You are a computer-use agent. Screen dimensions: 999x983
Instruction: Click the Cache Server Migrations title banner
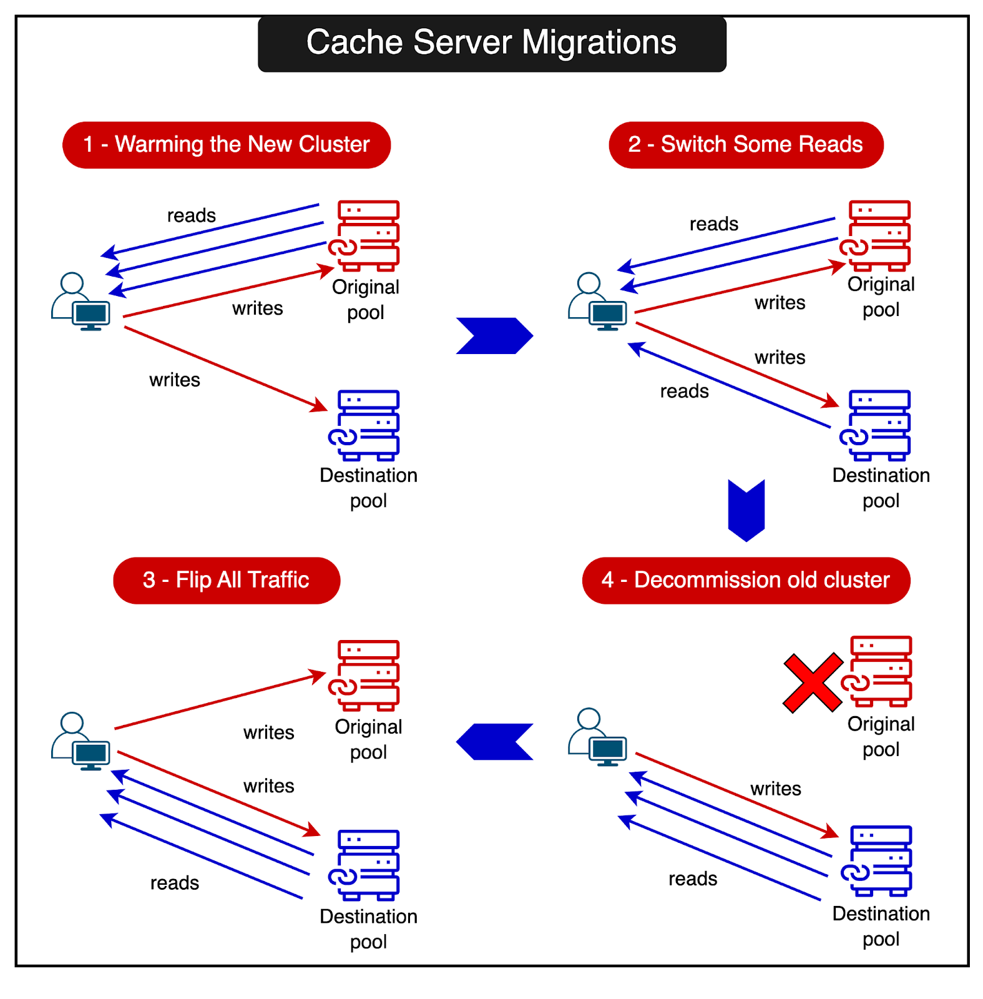tap(492, 44)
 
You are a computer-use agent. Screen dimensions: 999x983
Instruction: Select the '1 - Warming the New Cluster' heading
tap(227, 145)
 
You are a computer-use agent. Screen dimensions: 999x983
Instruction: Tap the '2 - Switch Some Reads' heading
tap(746, 145)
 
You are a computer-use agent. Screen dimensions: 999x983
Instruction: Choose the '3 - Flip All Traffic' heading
tap(227, 580)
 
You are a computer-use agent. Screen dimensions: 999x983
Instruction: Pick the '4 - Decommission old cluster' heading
tap(746, 580)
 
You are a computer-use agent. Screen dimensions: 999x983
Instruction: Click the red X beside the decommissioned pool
tap(813, 683)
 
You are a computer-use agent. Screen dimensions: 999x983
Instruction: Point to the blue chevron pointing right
tap(494, 336)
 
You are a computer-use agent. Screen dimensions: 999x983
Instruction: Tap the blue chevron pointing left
tap(494, 741)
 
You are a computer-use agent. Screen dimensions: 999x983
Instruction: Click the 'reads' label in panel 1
tap(191, 215)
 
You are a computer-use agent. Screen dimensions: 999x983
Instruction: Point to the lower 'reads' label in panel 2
tap(684, 391)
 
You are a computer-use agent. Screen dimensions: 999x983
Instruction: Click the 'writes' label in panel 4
tap(775, 789)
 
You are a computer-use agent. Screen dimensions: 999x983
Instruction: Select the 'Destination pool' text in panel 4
tap(881, 926)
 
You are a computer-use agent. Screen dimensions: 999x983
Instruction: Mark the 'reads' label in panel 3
tap(175, 883)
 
